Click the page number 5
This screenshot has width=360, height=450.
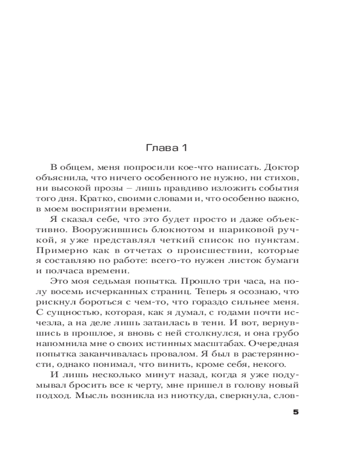[296, 412]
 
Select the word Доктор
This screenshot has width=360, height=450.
[279, 168]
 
